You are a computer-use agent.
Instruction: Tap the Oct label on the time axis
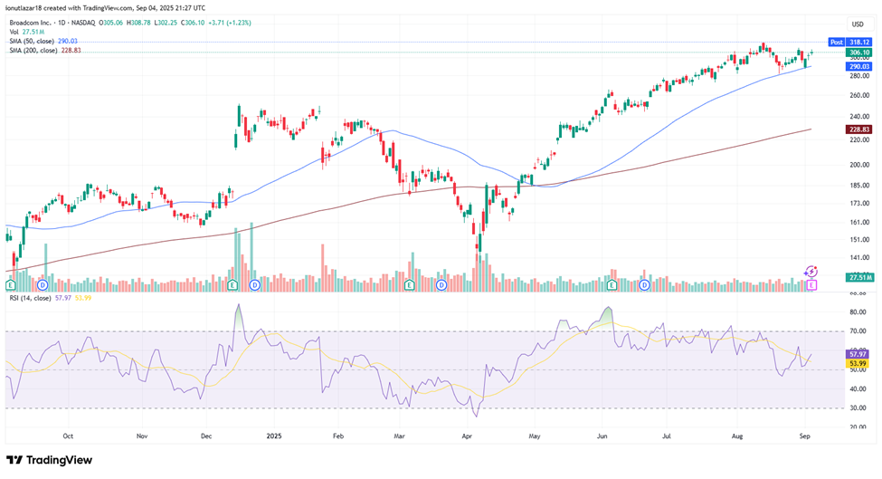pos(68,435)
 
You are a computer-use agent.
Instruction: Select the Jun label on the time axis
pos(601,435)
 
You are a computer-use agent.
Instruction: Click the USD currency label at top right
pos(857,24)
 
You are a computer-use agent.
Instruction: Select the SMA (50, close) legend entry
pos(43,41)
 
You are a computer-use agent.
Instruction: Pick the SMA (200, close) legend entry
pos(43,50)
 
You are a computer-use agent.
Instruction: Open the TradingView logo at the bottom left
pos(50,460)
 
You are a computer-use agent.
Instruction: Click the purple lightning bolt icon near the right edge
pos(811,271)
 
